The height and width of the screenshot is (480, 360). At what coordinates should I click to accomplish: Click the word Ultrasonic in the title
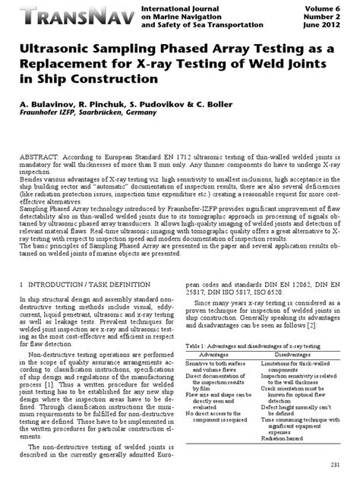point(54,49)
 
